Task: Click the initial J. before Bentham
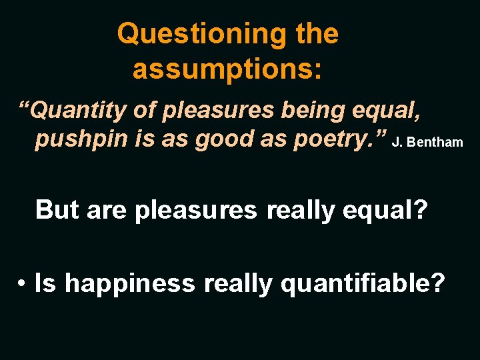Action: (x=398, y=142)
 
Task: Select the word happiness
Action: (x=131, y=284)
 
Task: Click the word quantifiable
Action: (x=363, y=284)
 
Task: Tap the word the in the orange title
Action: (x=317, y=33)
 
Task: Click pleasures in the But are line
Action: (x=195, y=209)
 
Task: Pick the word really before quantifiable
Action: (x=239, y=284)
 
